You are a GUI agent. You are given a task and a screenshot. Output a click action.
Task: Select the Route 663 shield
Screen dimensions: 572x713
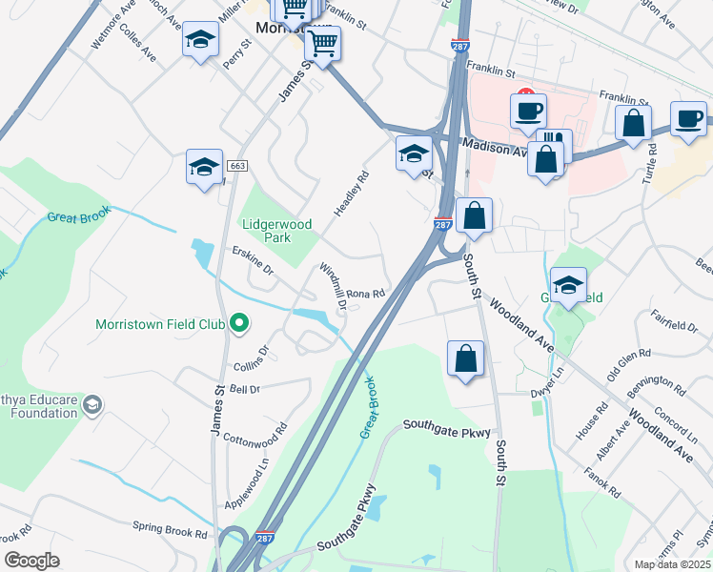[238, 166]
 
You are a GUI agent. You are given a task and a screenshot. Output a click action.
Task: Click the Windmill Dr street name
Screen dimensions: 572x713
[333, 287]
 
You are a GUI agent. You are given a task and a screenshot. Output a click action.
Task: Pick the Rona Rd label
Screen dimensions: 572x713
[365, 295]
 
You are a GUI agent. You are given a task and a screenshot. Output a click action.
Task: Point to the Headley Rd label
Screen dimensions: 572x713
[349, 194]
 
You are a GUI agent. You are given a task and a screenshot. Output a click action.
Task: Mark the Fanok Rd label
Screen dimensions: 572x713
[601, 481]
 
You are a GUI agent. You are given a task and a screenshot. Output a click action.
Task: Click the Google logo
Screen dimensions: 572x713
[31, 560]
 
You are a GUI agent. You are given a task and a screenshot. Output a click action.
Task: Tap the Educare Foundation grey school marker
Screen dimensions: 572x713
[92, 405]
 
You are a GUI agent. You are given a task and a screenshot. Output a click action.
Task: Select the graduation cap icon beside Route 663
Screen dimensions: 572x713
[204, 167]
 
